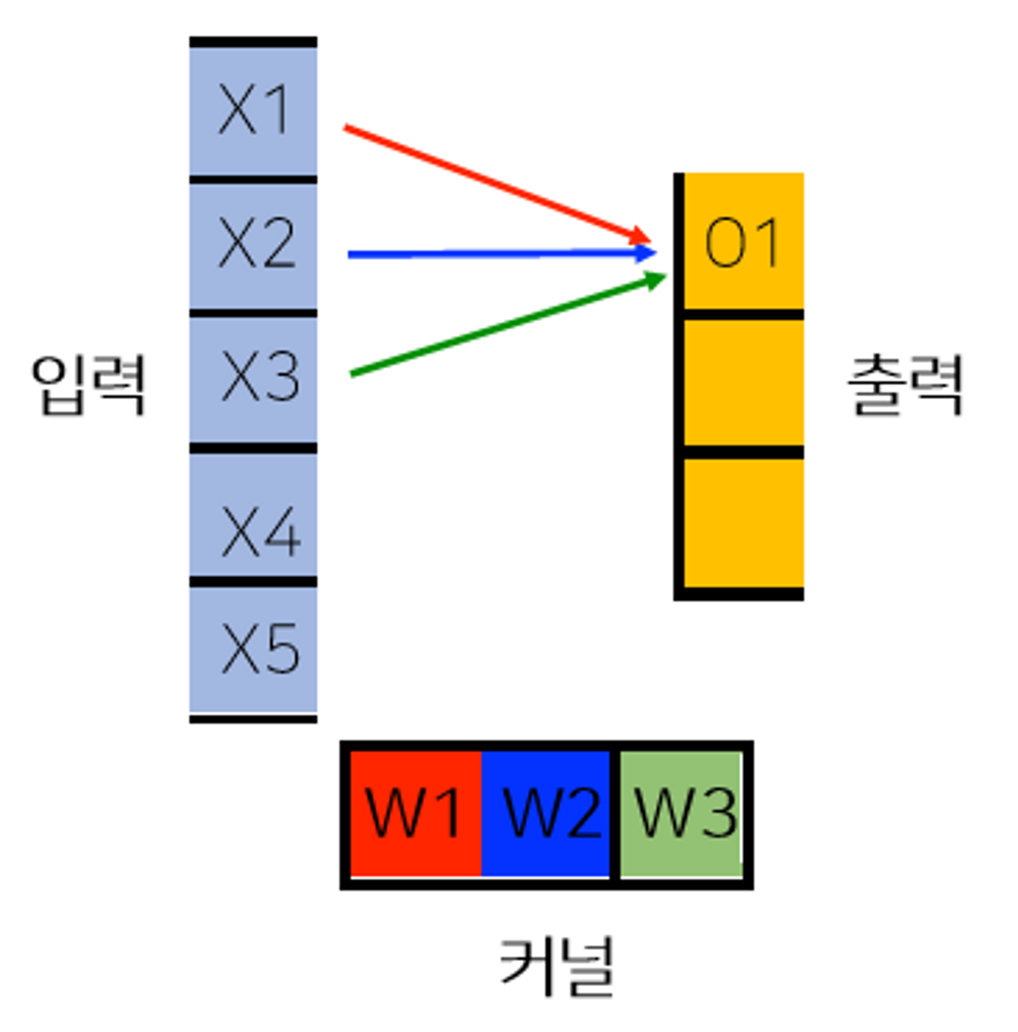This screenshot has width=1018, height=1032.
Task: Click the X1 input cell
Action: pos(252,110)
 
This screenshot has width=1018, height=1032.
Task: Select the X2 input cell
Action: pos(252,244)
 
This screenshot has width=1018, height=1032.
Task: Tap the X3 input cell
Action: pos(252,378)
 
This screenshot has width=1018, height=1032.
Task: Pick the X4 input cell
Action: pos(252,514)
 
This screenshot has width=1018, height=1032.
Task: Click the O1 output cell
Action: pos(742,241)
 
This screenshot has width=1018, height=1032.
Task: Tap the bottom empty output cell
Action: pos(742,522)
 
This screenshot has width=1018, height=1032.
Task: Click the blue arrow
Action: pos(492,253)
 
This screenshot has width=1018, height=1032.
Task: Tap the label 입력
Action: pos(88,384)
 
